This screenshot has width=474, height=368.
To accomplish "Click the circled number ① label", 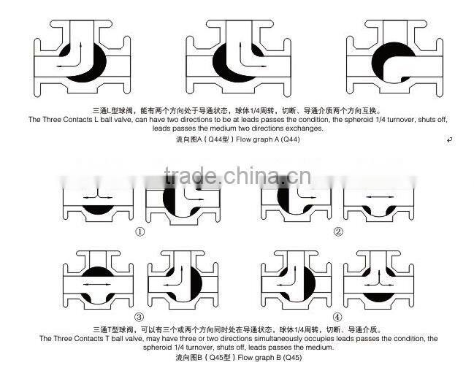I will [x=139, y=232].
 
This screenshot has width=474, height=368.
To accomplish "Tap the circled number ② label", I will [x=337, y=232].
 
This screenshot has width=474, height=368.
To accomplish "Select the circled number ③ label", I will [x=139, y=317].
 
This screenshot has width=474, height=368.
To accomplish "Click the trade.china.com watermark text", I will [x=237, y=177].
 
